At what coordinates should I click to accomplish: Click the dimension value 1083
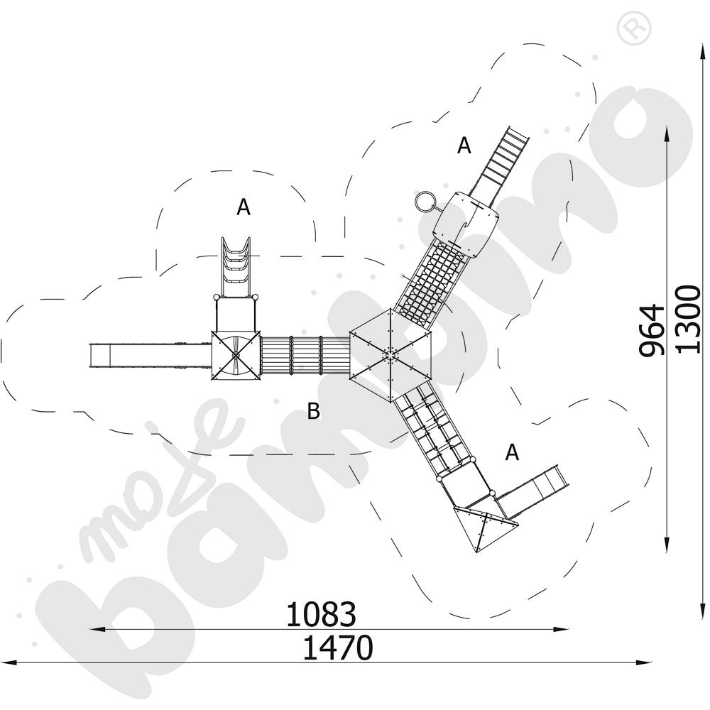[x=321, y=614]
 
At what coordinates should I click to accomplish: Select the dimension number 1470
[x=337, y=648]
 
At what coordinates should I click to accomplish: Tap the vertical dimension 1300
[x=688, y=319]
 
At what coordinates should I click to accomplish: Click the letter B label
[x=313, y=411]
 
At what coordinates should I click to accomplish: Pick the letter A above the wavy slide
[x=244, y=207]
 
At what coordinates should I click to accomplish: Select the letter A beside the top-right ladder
[x=464, y=146]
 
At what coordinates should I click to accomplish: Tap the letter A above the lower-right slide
[x=512, y=452]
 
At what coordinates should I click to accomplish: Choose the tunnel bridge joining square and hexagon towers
[x=305, y=355]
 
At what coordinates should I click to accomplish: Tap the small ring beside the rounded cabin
[x=423, y=202]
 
